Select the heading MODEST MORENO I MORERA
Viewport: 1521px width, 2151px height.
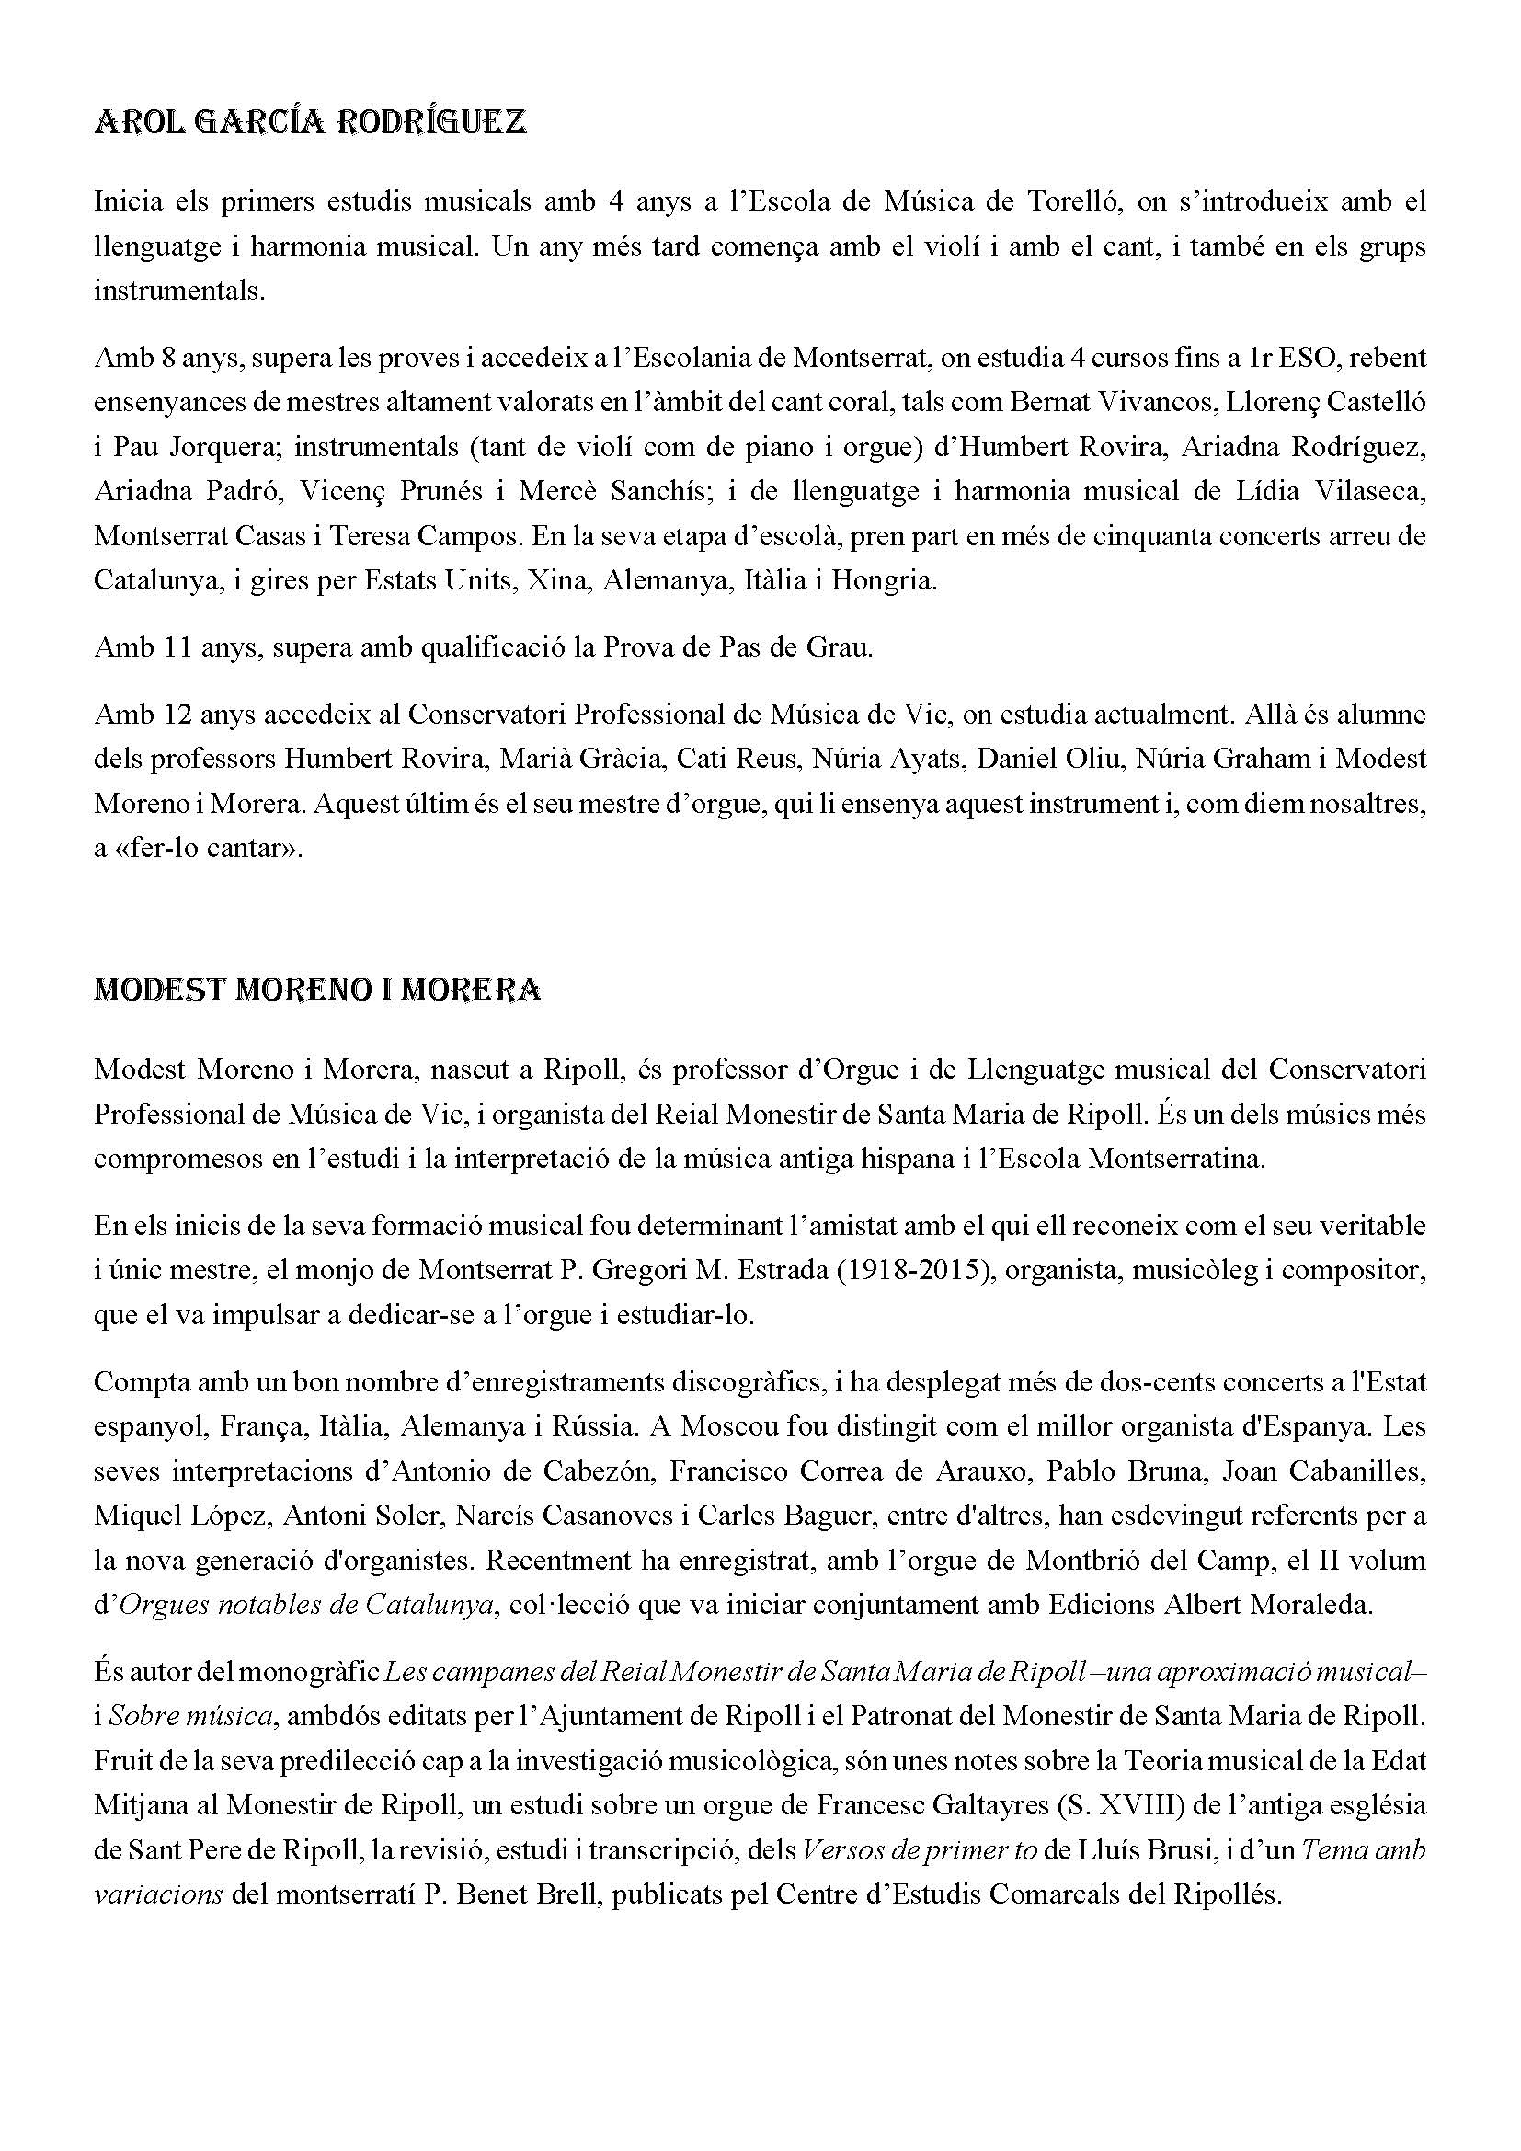pyautogui.click(x=317, y=990)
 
